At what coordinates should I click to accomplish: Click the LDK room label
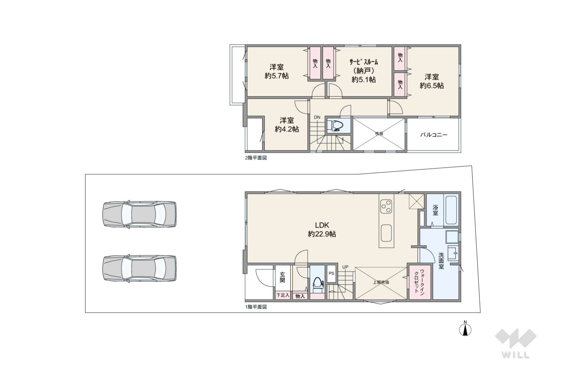click(322, 225)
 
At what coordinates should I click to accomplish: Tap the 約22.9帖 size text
click(322, 234)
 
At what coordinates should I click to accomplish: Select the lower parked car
click(140, 268)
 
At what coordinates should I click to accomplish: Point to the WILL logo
click(516, 343)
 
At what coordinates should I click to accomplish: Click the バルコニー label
click(434, 135)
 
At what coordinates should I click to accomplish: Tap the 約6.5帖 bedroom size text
click(432, 86)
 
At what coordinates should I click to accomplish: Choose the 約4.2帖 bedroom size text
click(287, 129)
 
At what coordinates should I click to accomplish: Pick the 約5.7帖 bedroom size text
click(277, 76)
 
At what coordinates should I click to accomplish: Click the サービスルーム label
click(364, 62)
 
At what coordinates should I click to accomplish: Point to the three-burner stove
click(386, 206)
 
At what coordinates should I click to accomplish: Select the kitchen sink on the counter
click(386, 233)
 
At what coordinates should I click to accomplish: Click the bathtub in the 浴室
click(451, 210)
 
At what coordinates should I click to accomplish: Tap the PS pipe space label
click(331, 273)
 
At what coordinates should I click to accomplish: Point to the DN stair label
click(317, 117)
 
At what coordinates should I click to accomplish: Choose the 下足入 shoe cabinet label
click(283, 295)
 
